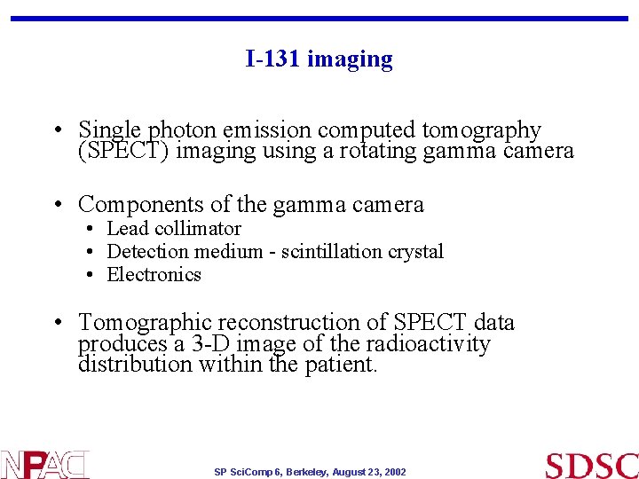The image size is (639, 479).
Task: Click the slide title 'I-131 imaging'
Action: (319, 59)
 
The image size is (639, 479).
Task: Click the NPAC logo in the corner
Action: (44, 464)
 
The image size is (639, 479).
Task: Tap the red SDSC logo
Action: (591, 465)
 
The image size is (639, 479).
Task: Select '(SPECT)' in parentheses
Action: (124, 152)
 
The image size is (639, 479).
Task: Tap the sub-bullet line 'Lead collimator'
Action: (174, 229)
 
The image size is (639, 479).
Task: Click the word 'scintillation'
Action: (331, 252)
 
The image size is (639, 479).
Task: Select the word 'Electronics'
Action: (154, 275)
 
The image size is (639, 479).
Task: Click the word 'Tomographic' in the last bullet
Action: (145, 322)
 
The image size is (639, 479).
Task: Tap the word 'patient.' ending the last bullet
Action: (338, 365)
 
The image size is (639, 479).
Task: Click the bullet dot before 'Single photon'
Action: (56, 130)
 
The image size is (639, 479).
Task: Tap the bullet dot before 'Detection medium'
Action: (92, 252)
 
